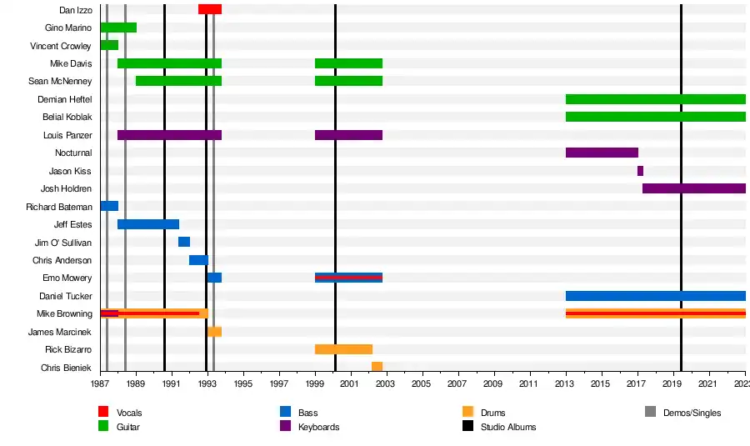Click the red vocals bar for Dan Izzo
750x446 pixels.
tap(210, 9)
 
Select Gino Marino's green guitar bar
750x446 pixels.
tap(118, 28)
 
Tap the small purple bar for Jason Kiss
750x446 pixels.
tap(640, 171)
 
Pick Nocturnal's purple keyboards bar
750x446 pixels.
tap(602, 153)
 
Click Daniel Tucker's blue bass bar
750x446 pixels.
tap(655, 296)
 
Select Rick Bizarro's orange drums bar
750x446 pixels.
tap(343, 349)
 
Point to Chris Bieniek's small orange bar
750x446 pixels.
tap(377, 367)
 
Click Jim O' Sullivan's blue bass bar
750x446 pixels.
tap(184, 242)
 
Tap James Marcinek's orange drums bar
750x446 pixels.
tap(214, 332)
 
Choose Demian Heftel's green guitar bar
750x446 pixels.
tap(655, 99)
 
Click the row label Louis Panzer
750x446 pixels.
tap(67, 135)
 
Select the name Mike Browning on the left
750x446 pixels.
tap(64, 314)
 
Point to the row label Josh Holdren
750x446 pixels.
tap(66, 189)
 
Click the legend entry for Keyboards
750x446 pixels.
tap(318, 427)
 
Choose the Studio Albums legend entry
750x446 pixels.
tap(508, 427)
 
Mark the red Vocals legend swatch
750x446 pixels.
tap(103, 412)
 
